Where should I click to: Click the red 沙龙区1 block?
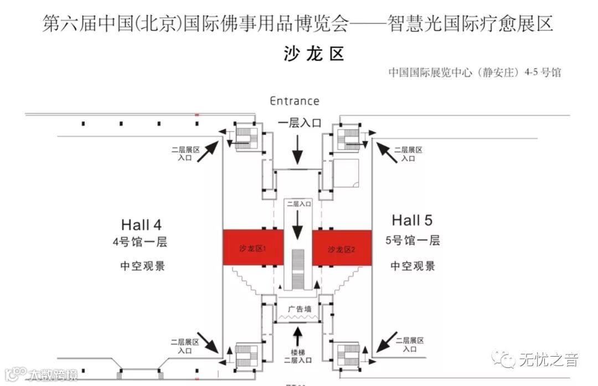pos(252,248)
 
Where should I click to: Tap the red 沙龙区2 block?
pos(341,248)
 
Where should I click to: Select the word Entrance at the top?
pos(295,101)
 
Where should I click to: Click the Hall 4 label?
pos(141,225)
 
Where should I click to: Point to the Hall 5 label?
pos(412,220)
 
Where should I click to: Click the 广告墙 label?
pos(299,308)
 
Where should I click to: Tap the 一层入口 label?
pos(299,123)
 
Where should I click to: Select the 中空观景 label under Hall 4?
pos(143,266)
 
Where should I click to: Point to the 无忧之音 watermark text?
pos(548,360)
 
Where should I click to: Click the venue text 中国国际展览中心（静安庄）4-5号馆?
pos(475,73)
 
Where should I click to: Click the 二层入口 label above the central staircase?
pos(298,204)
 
